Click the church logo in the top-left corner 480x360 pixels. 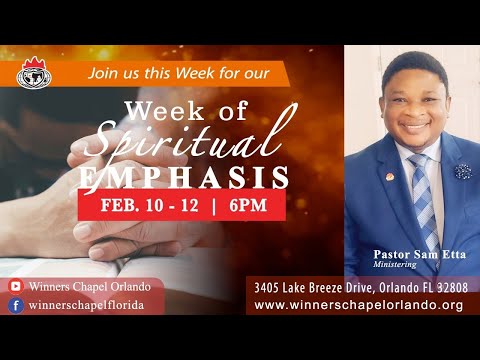pyautogui.click(x=36, y=72)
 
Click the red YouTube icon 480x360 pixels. pyautogui.click(x=16, y=286)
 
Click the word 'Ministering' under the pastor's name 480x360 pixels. pyautogui.click(x=394, y=266)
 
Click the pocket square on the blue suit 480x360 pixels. pyautogui.click(x=462, y=170)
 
